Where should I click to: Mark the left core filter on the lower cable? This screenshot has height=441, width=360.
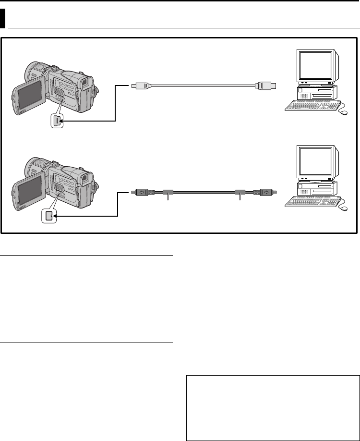click(x=168, y=193)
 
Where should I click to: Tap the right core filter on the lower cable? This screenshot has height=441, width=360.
click(x=240, y=193)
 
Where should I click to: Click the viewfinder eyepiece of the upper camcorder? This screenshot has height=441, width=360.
click(x=86, y=84)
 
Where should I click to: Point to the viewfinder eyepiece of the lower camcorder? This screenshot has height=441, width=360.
click(x=86, y=179)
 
